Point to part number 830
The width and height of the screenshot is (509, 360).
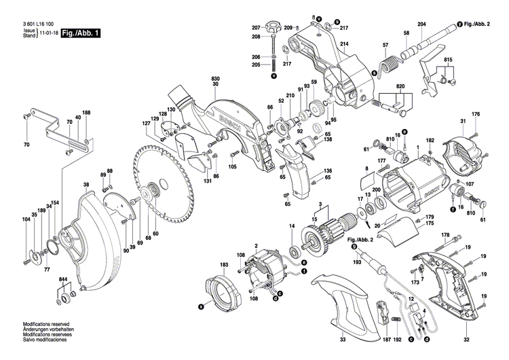point(215,78)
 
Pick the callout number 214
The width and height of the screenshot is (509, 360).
point(344,44)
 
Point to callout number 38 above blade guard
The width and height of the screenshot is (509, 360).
point(86,185)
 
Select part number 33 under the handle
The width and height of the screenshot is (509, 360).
point(343,339)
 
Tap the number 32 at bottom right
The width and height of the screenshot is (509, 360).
point(466,339)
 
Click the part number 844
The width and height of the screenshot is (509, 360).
point(63,280)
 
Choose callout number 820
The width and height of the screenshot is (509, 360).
point(400,88)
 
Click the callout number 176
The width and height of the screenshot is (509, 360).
point(475,113)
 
